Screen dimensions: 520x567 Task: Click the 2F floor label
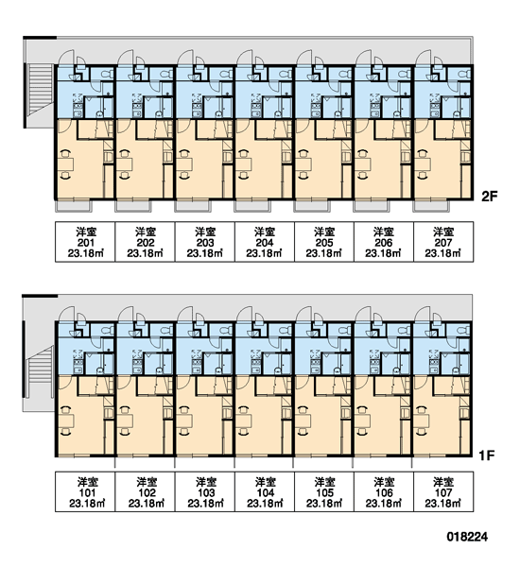(489, 197)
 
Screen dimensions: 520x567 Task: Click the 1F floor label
(487, 455)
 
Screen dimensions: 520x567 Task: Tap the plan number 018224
(467, 537)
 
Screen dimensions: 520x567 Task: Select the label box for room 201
(85, 242)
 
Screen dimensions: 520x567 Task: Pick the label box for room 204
(265, 242)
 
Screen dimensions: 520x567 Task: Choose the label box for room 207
(443, 242)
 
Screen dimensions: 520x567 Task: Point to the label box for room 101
(85, 491)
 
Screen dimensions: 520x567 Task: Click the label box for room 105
(324, 491)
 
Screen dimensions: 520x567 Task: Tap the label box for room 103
(205, 491)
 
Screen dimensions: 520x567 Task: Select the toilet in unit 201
(107, 75)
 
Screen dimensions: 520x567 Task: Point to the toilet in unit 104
(286, 331)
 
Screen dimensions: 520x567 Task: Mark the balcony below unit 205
(312, 206)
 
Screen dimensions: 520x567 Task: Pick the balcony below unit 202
(133, 206)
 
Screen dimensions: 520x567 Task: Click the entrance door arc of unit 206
(363, 57)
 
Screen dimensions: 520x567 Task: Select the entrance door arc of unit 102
(125, 314)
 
